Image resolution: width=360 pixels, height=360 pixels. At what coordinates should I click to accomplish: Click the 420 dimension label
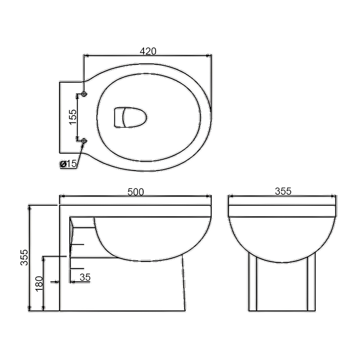click(x=148, y=51)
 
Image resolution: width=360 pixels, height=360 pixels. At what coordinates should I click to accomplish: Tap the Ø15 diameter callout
click(x=68, y=164)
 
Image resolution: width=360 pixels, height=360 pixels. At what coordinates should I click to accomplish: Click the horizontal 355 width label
click(x=283, y=191)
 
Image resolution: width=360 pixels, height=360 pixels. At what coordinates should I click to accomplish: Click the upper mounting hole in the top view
click(x=84, y=94)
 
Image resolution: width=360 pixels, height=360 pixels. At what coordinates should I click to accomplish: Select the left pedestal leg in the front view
click(x=253, y=283)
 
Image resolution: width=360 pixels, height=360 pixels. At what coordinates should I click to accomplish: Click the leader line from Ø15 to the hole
click(x=80, y=154)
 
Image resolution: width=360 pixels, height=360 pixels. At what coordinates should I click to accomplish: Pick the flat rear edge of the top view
click(x=60, y=117)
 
